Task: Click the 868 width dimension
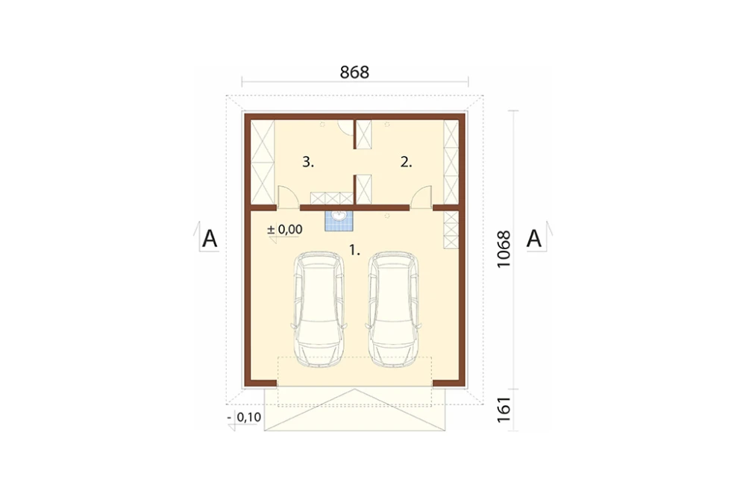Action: coord(354,72)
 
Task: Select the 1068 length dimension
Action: coord(504,249)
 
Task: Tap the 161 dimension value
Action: coord(504,410)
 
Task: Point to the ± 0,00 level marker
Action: coord(284,229)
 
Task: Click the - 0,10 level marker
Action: coord(244,417)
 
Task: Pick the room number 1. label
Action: coord(354,250)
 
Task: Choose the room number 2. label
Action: coord(406,163)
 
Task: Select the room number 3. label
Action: coord(308,163)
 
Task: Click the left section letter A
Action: coord(210,239)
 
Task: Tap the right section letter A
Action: coord(534,239)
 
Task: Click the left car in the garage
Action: coord(319,309)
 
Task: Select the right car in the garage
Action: coord(393,309)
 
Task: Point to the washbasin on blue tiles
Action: coord(339,220)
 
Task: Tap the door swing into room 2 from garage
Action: coord(421,196)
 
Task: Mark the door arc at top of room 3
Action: coord(345,128)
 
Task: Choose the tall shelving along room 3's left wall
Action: coord(263,162)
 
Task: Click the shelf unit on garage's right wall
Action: coord(451,229)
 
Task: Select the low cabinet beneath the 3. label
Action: coord(332,198)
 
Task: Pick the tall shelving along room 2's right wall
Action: coord(451,162)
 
